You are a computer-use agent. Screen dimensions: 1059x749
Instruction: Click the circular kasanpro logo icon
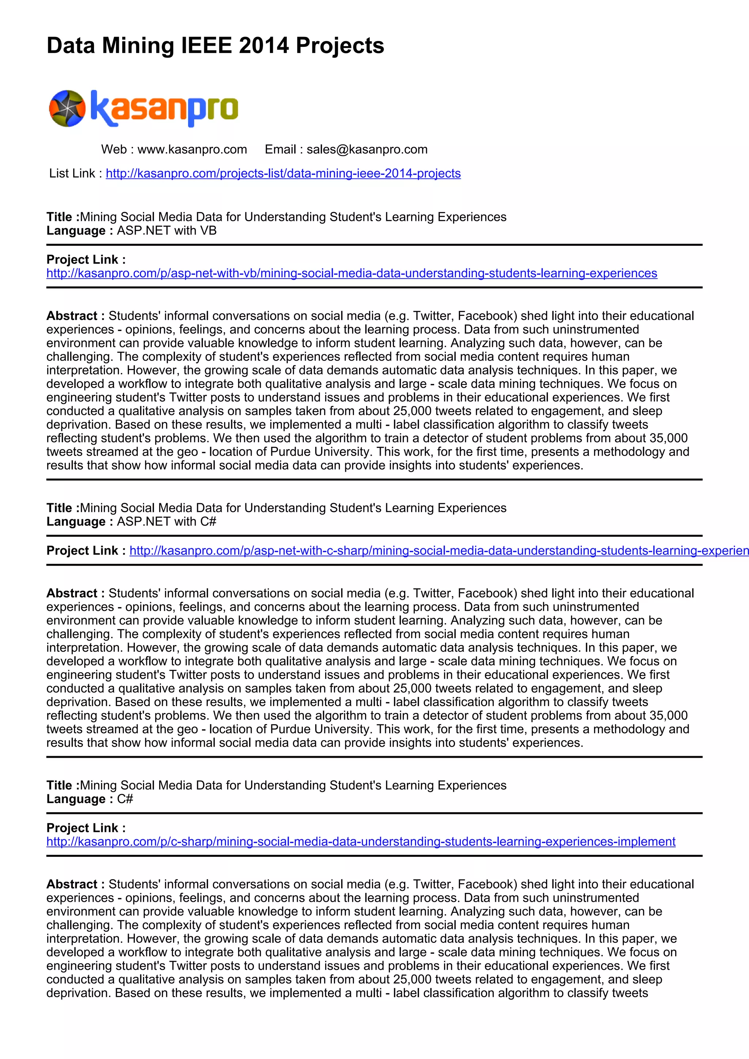[x=67, y=108]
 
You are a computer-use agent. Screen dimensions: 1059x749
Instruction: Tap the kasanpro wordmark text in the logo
[x=164, y=108]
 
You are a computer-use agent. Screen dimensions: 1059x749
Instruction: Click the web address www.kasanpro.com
[x=192, y=150]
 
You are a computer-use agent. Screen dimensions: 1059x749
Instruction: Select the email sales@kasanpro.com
[x=367, y=150]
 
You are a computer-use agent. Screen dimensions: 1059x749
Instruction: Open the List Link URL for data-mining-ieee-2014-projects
[x=283, y=173]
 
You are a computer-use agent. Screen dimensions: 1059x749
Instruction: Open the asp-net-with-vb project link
[x=351, y=274]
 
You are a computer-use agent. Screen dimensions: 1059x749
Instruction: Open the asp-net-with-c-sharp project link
[x=438, y=551]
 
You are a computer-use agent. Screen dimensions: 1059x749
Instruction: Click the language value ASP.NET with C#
[x=166, y=522]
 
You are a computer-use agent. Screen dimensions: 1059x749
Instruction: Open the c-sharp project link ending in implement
[x=361, y=842]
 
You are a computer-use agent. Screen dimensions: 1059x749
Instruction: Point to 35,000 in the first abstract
[x=668, y=438]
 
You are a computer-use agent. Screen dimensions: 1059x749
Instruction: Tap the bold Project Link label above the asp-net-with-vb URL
[x=86, y=260]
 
